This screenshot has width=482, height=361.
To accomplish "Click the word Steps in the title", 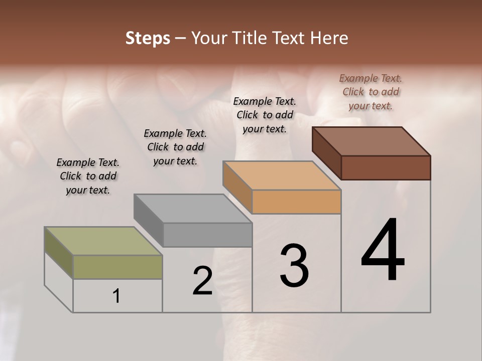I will click(147, 38).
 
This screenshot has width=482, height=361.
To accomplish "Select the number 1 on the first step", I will click(116, 296).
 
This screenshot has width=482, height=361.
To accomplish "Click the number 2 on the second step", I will click(202, 281).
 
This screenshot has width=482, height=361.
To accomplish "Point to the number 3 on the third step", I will click(294, 266).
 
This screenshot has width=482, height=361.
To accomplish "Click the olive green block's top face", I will click(103, 241).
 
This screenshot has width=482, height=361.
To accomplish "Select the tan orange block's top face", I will click(282, 175).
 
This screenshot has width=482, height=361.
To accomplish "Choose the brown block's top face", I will click(371, 141).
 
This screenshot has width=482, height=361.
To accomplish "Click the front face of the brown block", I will click(386, 167).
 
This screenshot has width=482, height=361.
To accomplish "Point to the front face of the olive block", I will click(117, 267).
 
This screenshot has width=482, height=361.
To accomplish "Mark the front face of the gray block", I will click(207, 235).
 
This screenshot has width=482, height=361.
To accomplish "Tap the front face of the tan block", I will click(296, 202).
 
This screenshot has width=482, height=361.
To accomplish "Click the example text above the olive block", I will click(88, 176).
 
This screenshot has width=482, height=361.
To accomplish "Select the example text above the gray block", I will click(175, 147).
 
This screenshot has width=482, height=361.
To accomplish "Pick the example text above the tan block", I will click(265, 115).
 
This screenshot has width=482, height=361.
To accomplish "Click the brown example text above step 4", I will click(371, 92).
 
